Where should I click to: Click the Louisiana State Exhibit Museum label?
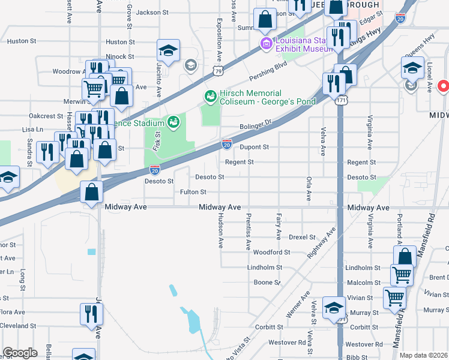303,44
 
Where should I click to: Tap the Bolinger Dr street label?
256,125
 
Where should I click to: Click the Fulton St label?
193,192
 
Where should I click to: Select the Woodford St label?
271,253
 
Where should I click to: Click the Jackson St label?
152,12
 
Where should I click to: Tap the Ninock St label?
119,56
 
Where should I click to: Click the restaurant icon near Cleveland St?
92,314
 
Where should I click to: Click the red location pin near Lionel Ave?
444,87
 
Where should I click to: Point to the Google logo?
20,353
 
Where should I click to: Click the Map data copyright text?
424,355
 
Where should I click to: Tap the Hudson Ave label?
220,230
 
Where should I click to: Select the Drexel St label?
302,238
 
